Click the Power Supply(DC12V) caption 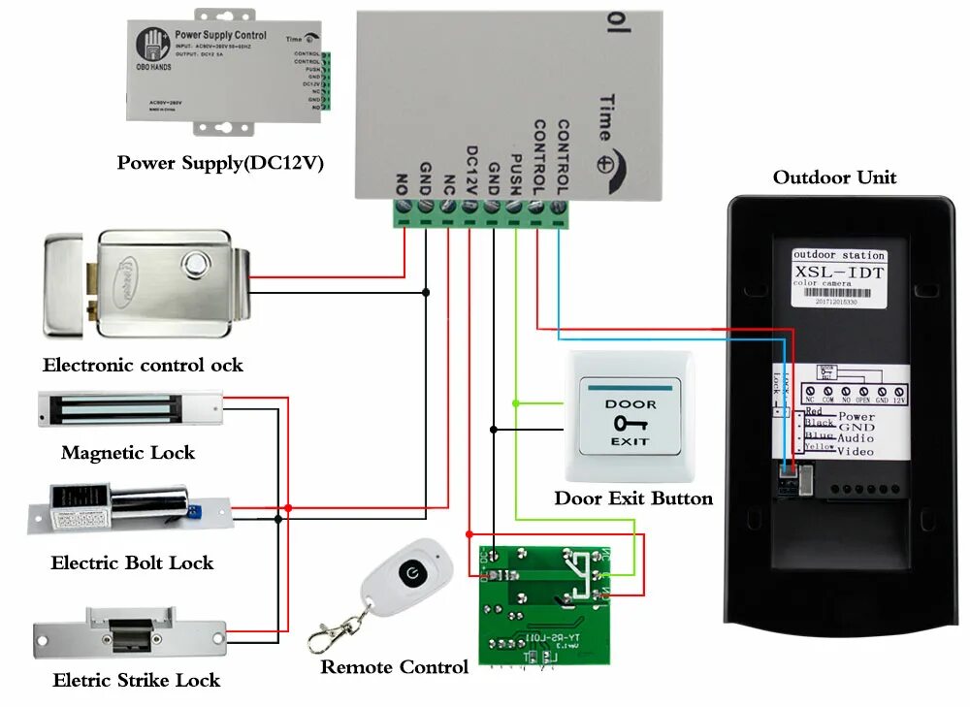click(220, 162)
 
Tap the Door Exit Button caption click(633, 498)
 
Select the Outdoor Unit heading click(834, 177)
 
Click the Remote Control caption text click(394, 667)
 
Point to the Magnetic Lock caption click(128, 453)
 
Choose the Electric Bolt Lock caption click(132, 563)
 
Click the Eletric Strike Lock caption click(137, 681)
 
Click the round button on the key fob click(414, 570)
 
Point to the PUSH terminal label click(517, 173)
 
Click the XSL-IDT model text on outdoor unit click(839, 273)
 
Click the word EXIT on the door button click(630, 441)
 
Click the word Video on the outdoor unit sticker click(856, 451)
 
